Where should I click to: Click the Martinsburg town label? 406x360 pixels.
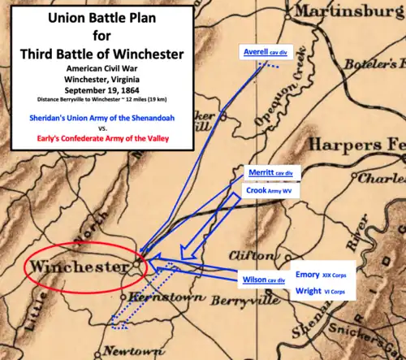[x=350, y=12]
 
